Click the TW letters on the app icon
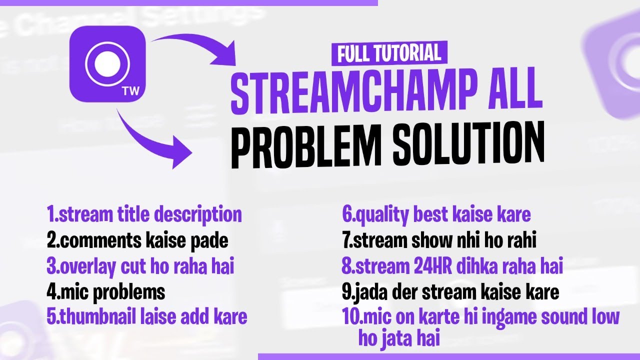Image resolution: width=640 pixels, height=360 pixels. (x=129, y=91)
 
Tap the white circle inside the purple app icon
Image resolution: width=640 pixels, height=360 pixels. (x=107, y=63)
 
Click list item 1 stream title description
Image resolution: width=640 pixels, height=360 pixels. (x=144, y=214)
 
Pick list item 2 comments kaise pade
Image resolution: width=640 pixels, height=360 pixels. (x=137, y=241)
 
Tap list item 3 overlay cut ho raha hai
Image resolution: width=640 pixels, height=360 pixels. (x=140, y=266)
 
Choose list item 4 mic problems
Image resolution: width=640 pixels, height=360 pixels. (x=106, y=291)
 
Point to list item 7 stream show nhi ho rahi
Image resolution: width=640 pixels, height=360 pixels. (x=439, y=241)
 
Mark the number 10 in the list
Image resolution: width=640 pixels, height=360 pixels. (x=349, y=317)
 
